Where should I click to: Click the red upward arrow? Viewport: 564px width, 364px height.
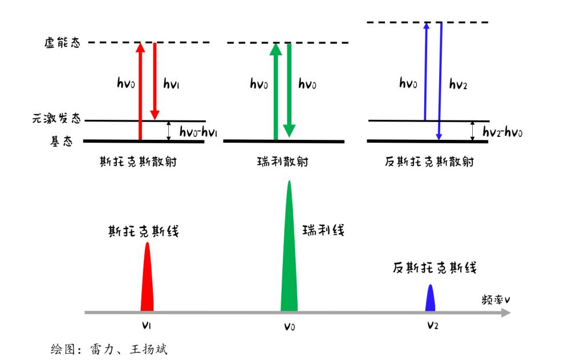pos(140,91)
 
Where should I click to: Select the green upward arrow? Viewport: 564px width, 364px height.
pos(275,91)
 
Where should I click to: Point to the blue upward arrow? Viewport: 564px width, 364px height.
pos(425,71)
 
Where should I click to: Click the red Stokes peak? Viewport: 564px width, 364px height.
pos(147,280)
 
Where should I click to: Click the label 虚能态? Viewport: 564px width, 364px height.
pos(62,43)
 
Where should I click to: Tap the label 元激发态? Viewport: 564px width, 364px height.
pos(57,120)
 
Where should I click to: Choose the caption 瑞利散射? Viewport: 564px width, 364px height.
pos(283,162)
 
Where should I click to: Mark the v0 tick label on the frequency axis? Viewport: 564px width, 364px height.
pos(289,327)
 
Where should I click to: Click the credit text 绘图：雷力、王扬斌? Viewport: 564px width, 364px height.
pos(109,349)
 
